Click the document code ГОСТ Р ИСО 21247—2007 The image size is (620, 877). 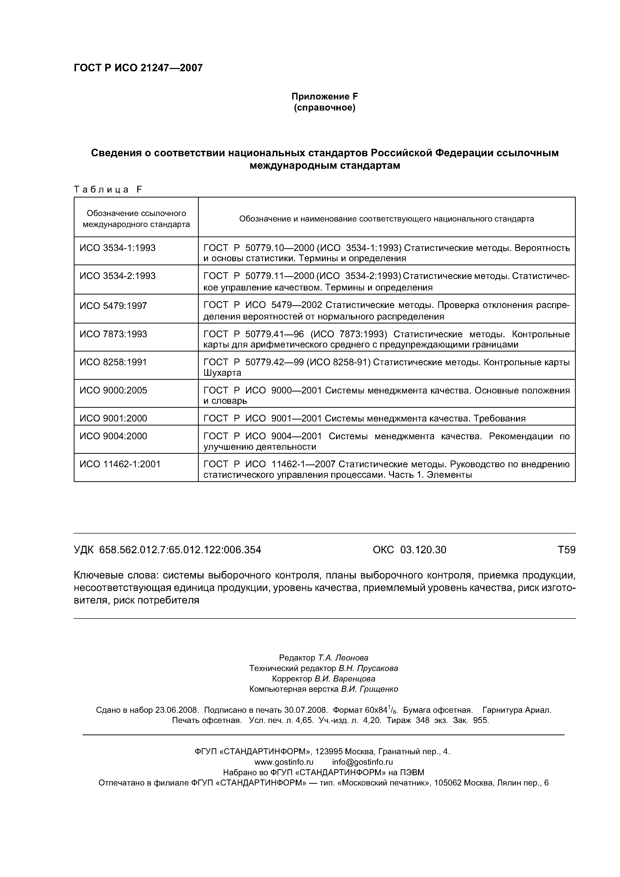click(138, 68)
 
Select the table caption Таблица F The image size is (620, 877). click(108, 189)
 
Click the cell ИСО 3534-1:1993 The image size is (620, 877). click(118, 248)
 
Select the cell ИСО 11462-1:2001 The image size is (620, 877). click(120, 464)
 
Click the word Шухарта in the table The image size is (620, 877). click(222, 373)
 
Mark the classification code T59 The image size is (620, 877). click(566, 550)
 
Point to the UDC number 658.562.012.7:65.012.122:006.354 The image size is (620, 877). click(180, 550)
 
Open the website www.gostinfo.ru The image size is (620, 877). click(284, 762)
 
